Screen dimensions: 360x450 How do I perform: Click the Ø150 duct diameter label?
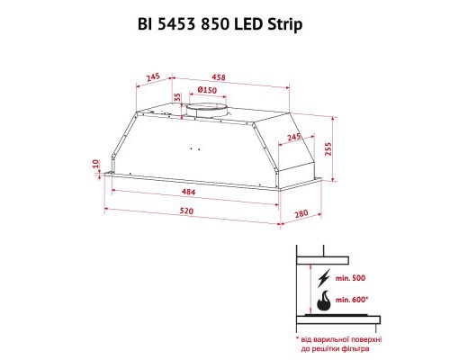tap(209, 92)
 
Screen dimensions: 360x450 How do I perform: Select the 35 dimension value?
tap(178, 96)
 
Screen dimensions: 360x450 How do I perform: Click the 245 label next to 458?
tap(154, 77)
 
